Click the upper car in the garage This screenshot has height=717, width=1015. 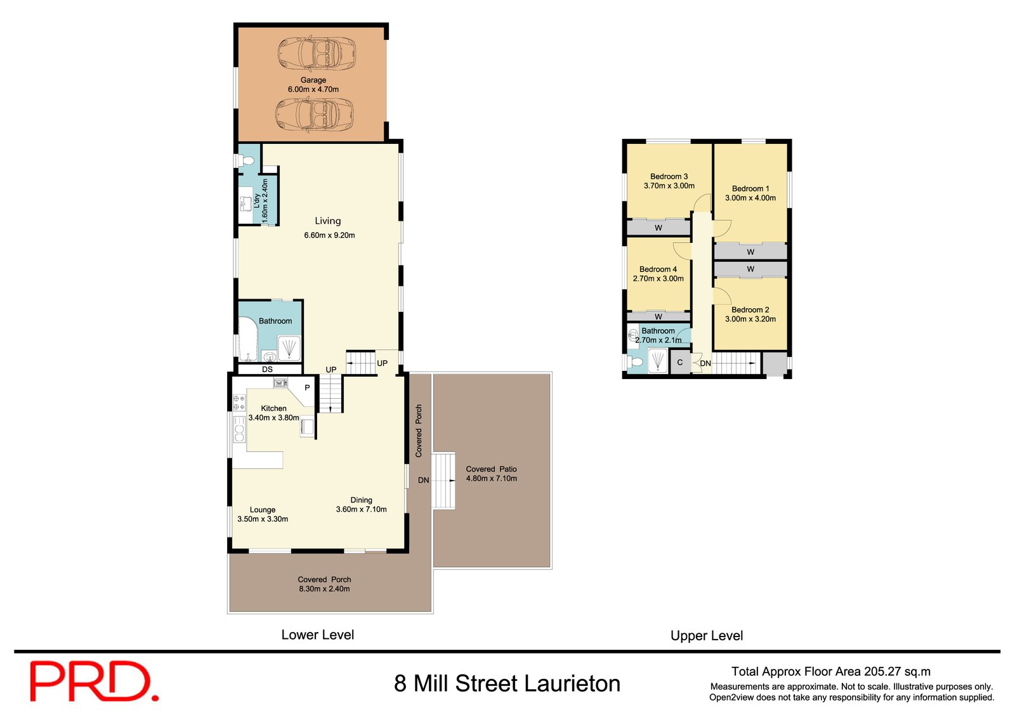[x=317, y=52]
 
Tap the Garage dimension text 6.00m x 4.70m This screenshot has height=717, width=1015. [x=313, y=89]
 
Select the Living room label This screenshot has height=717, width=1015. [x=328, y=221]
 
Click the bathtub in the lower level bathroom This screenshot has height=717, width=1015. [x=248, y=339]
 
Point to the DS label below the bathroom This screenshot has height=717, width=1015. [x=267, y=370]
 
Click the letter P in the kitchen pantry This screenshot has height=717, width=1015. [x=307, y=387]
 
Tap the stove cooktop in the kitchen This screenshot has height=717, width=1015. [x=239, y=403]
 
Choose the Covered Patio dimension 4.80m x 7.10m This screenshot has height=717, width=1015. [x=491, y=479]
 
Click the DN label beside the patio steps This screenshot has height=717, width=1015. [x=423, y=481]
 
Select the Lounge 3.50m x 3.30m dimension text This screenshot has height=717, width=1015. [x=263, y=519]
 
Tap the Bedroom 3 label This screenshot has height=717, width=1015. [x=669, y=177]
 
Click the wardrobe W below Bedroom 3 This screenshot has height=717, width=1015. [x=658, y=228]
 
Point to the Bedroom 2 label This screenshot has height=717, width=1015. [x=750, y=310]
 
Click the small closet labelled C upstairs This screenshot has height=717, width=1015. [x=679, y=363]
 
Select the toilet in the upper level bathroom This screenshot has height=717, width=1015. [x=636, y=363]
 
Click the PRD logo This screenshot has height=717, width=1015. [x=94, y=681]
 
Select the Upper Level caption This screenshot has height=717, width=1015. [x=706, y=636]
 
